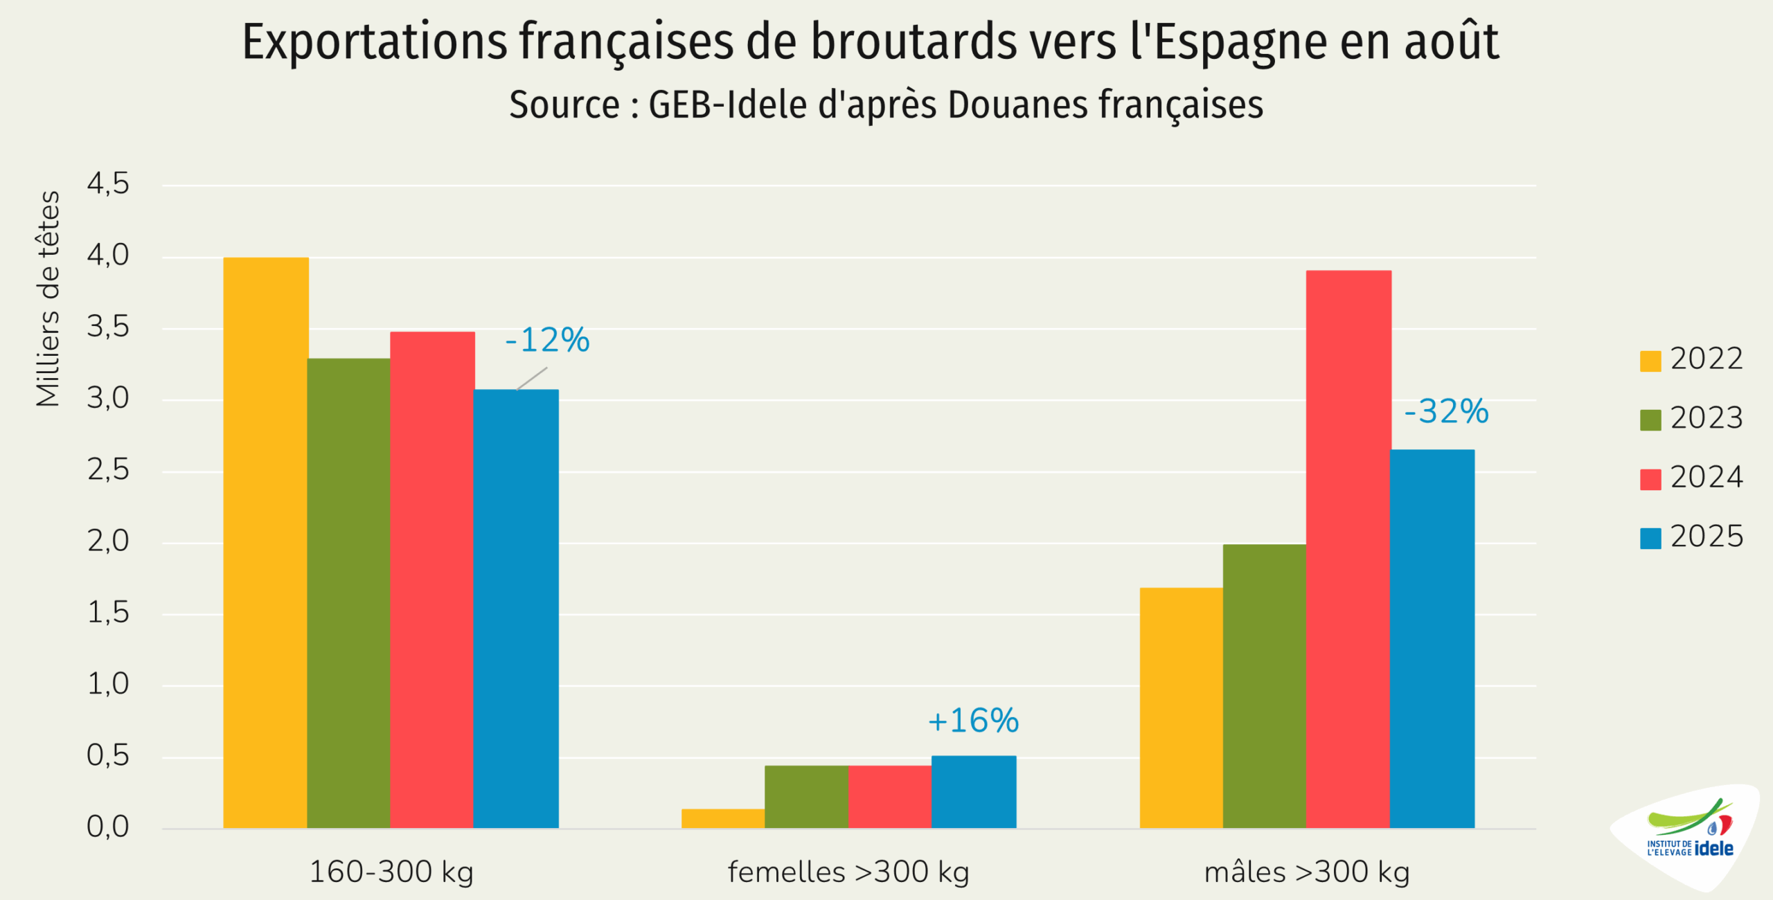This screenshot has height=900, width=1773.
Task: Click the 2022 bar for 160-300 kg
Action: click(266, 543)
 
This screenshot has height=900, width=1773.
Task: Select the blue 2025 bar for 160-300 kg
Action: click(516, 609)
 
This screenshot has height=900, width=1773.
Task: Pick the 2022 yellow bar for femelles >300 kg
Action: click(723, 818)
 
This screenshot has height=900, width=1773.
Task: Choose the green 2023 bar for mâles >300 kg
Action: click(1265, 686)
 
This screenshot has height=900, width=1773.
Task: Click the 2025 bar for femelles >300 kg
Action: click(974, 792)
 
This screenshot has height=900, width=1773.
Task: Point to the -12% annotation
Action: click(547, 340)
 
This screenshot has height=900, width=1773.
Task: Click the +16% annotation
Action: click(973, 721)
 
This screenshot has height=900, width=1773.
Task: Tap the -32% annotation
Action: click(1446, 411)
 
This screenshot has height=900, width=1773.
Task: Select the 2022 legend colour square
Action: click(1650, 361)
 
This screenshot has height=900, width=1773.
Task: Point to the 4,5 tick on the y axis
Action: click(108, 184)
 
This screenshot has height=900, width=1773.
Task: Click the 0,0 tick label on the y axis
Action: click(108, 827)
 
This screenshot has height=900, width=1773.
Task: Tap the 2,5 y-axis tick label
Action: click(108, 470)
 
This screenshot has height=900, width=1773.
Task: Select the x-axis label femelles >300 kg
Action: click(848, 872)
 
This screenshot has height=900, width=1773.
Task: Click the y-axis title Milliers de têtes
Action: click(48, 298)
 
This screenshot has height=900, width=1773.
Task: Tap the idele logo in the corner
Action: click(1690, 835)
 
